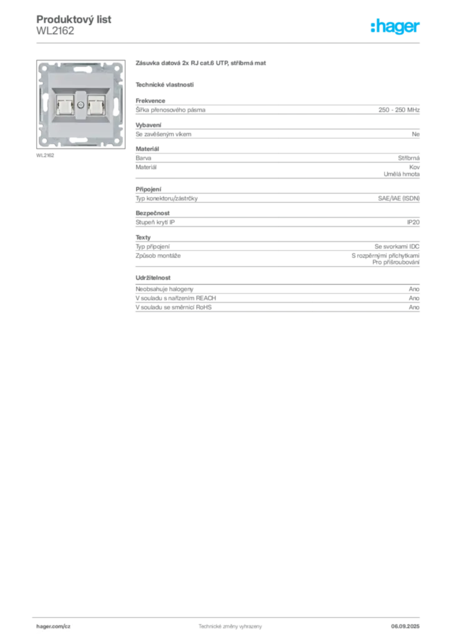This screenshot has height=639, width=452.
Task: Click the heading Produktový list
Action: tap(74, 19)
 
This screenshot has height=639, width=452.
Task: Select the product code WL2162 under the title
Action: tap(55, 31)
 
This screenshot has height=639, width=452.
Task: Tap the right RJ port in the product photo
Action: tap(96, 104)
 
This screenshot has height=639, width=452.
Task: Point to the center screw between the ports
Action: tap(81, 105)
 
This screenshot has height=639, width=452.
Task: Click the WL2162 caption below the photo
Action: tap(45, 155)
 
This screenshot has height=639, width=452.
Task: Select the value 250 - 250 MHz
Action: tap(399, 110)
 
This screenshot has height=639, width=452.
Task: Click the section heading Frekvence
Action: tap(150, 100)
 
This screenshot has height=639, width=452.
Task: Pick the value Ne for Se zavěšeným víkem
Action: tap(416, 134)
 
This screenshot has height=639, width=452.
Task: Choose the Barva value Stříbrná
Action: tap(409, 158)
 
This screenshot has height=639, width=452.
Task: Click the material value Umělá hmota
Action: tap(401, 174)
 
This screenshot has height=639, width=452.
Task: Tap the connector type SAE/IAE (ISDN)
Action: tap(399, 198)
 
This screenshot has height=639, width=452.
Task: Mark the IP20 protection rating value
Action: tap(413, 222)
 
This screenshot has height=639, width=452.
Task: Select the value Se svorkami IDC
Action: tap(397, 246)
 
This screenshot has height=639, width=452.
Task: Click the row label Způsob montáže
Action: tap(158, 255)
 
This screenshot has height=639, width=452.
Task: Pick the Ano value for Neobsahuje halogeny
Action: tap(414, 289)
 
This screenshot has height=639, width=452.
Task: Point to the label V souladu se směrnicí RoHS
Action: tap(174, 307)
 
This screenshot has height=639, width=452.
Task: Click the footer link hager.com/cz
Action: tap(54, 627)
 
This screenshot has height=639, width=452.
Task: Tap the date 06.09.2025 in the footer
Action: tap(405, 627)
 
